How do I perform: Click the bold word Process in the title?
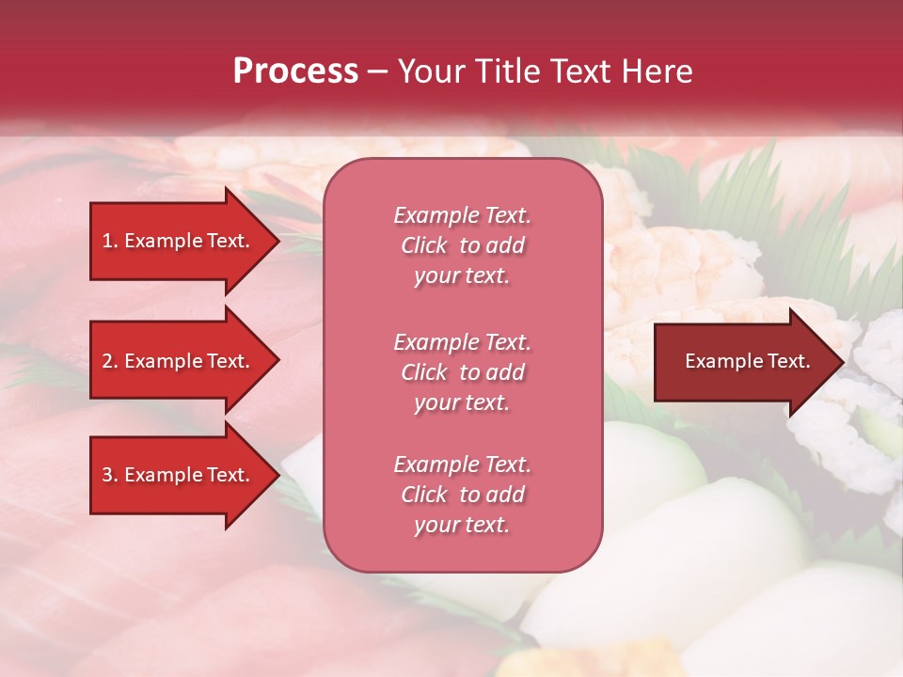point(295,71)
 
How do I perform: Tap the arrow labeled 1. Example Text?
point(177,241)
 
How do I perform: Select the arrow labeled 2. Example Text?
point(177,361)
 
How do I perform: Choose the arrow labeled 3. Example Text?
point(177,475)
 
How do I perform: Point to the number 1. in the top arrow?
point(110,241)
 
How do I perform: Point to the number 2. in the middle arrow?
point(110,361)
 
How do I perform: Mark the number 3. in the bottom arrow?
point(110,475)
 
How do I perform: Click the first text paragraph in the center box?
point(463,245)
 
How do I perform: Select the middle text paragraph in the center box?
point(463,372)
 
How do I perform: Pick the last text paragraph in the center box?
point(463,495)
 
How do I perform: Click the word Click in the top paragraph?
point(424,245)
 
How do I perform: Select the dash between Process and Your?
point(378,71)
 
